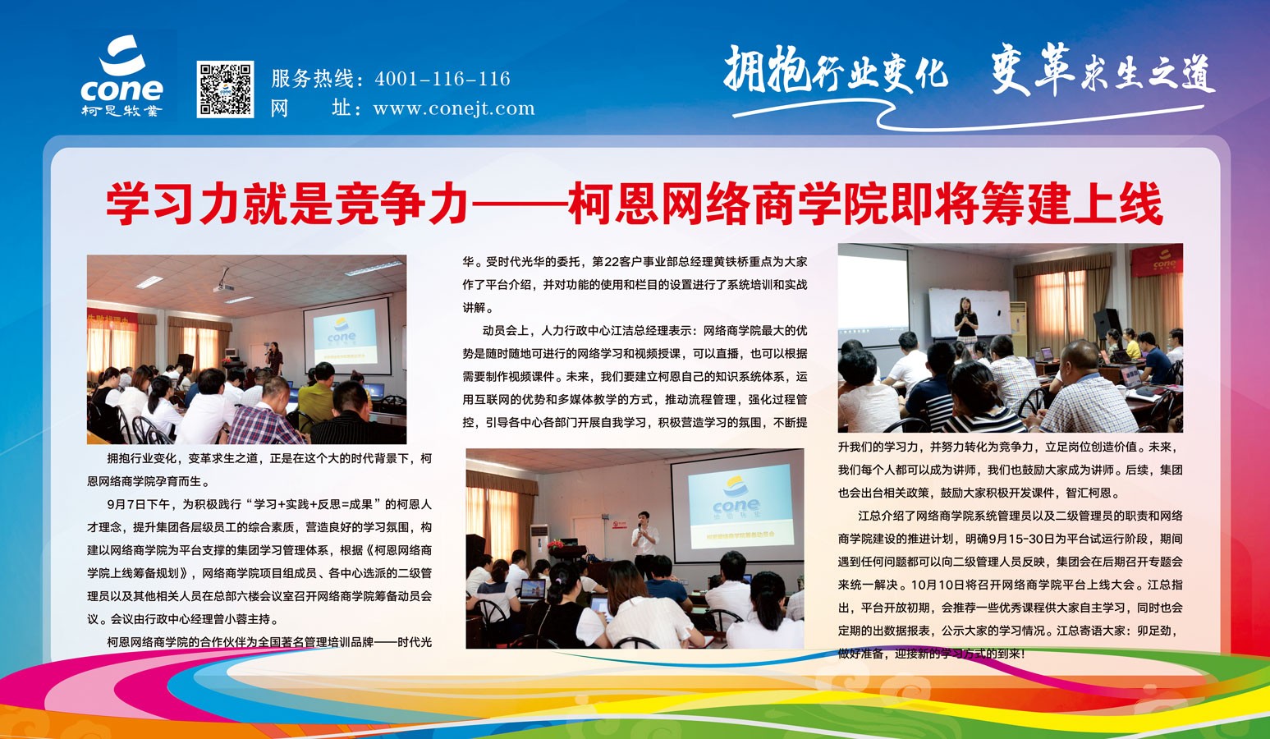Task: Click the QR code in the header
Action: coord(225,90)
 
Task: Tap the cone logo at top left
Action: coord(121,76)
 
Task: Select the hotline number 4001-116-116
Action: coord(442,78)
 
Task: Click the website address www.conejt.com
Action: coord(453,108)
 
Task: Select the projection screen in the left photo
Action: coord(347,335)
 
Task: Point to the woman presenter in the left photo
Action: coord(274,359)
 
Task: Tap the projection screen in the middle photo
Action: coord(737,506)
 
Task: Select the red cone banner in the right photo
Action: coord(1157,260)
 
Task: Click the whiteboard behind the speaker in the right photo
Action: coord(969,313)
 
